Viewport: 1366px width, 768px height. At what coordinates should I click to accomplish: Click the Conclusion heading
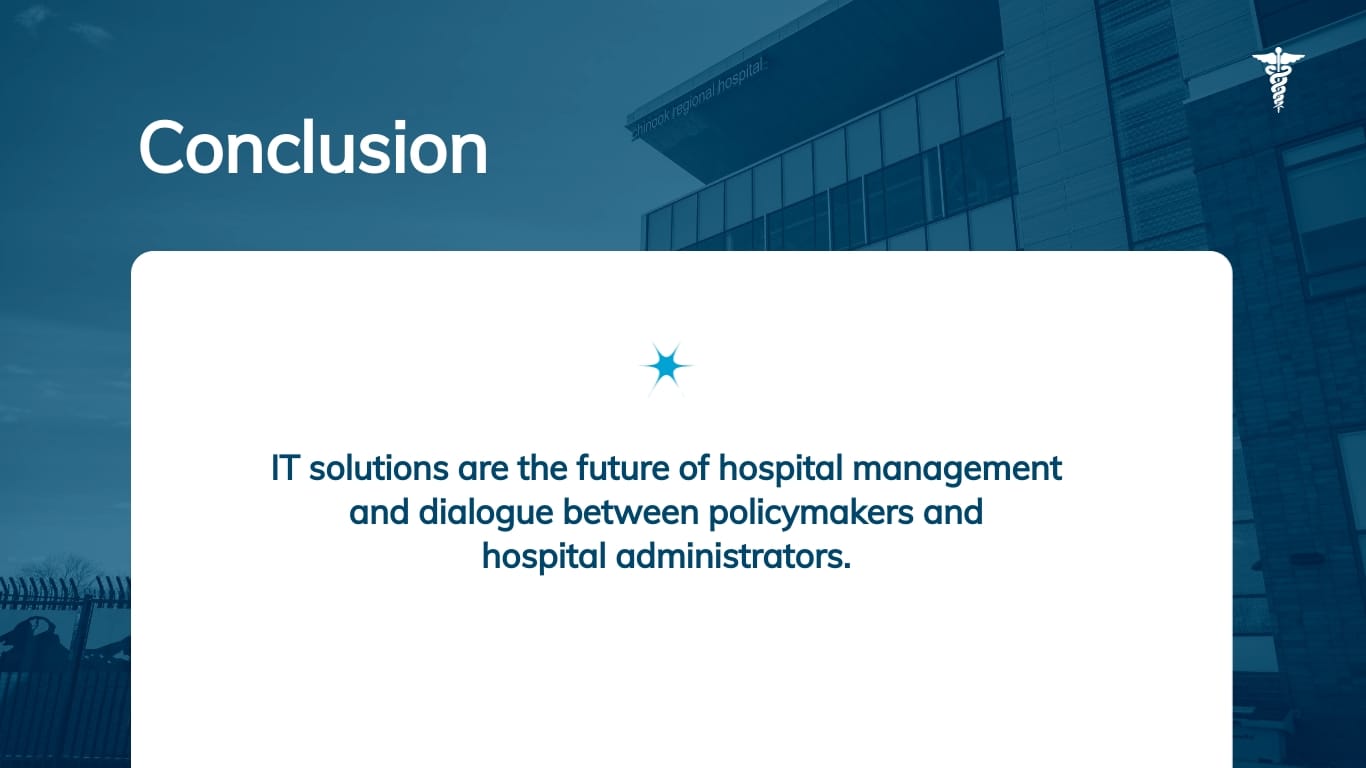(x=313, y=148)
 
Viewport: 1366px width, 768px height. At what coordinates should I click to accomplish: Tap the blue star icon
(x=666, y=368)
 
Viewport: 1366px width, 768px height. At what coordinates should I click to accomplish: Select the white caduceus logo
(x=1277, y=80)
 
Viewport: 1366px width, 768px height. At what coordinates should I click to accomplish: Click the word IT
(x=285, y=469)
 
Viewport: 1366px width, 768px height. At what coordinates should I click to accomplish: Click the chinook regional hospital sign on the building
(x=697, y=97)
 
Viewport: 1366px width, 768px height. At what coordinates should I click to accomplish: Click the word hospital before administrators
(x=544, y=556)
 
